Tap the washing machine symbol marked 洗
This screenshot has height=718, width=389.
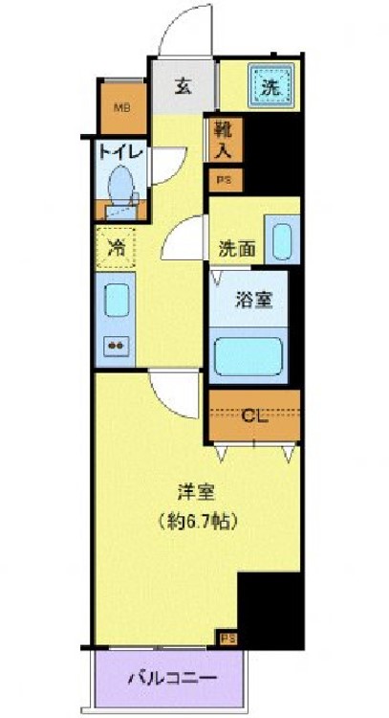[x=269, y=83]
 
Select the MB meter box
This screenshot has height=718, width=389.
[x=121, y=106]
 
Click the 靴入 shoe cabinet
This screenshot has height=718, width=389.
[x=223, y=141]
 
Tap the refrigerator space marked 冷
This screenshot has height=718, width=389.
[x=117, y=247]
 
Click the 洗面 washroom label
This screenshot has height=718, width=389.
[x=236, y=248]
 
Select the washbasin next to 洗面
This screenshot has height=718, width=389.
[x=281, y=242]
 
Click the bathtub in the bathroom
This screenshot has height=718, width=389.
[x=251, y=353]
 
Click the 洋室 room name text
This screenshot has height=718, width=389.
[x=196, y=493]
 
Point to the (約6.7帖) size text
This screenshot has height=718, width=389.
[x=197, y=523]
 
